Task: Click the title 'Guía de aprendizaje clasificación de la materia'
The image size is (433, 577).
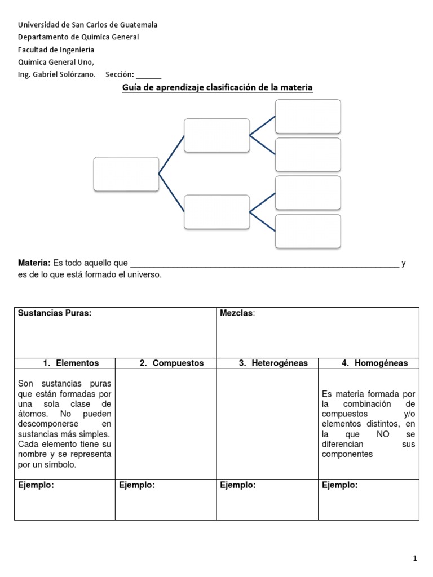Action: (x=217, y=88)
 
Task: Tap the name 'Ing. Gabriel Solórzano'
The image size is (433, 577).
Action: (x=57, y=74)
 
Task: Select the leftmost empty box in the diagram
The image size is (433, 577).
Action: (x=126, y=174)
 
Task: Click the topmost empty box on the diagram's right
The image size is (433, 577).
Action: (x=308, y=117)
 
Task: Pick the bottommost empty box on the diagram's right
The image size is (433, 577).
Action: (x=308, y=231)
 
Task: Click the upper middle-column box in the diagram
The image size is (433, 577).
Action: (x=217, y=135)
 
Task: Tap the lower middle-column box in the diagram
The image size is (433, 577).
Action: (x=217, y=212)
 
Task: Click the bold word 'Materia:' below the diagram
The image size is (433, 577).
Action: (x=34, y=263)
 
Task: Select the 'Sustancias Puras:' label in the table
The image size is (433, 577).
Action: (x=55, y=313)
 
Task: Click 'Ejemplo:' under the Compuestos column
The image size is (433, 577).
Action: (x=137, y=485)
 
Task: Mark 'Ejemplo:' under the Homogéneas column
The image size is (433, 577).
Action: (x=339, y=485)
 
